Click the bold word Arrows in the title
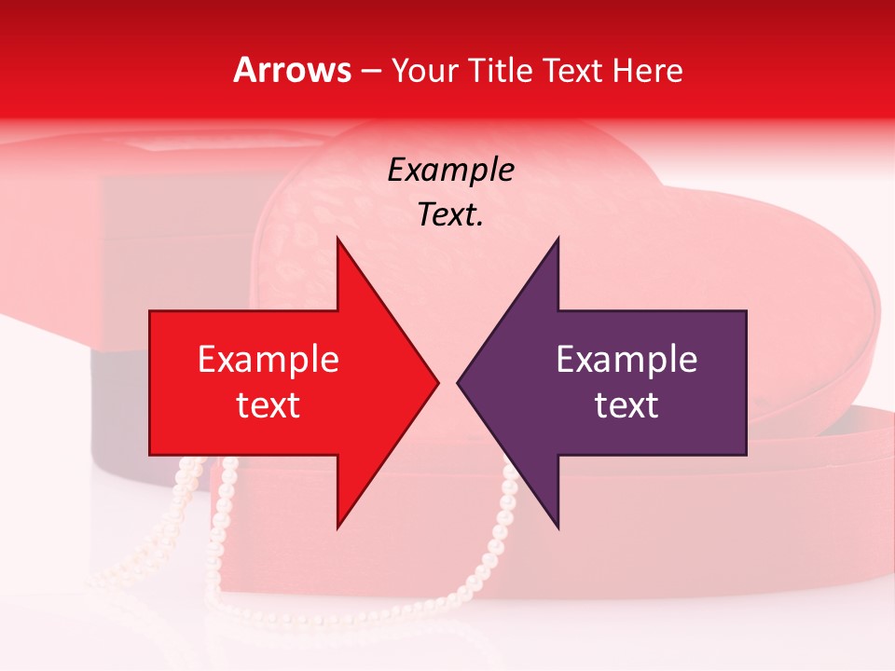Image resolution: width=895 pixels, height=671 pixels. pos(292,70)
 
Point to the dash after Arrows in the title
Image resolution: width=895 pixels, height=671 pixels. pos(370,72)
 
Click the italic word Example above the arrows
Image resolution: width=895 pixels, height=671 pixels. pos(450,170)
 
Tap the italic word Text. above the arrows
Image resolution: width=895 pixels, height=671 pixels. pos(450,215)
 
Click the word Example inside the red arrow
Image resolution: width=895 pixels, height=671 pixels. pos(268,359)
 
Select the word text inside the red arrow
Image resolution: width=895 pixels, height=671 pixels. pos(268,405)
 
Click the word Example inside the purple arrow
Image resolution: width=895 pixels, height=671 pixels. pos(626,359)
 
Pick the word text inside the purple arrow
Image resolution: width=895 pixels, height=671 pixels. pos(626,405)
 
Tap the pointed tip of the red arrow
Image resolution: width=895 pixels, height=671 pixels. pos(438,382)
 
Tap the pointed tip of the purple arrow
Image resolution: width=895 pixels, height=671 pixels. pos(458,382)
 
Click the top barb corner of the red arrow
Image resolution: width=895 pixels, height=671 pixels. pos(337,239)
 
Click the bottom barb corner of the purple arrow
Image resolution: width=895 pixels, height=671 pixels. pos(558,527)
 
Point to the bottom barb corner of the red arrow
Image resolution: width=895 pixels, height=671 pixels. pos(337,527)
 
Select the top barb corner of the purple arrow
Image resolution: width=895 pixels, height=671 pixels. pos(558,239)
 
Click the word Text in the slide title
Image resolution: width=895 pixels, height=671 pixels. pos(572,71)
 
